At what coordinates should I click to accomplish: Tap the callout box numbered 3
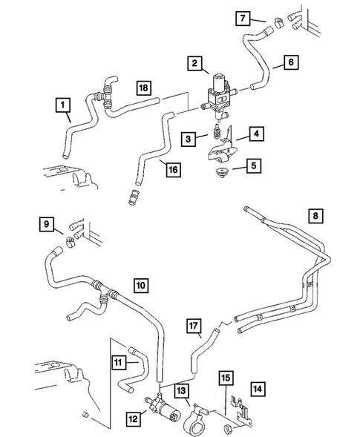tap(189, 139)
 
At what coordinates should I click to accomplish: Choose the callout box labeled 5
tap(254, 165)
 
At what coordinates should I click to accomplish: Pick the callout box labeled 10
tap(141, 283)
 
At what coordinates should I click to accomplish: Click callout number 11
tap(120, 361)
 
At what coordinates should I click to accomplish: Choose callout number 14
tap(257, 387)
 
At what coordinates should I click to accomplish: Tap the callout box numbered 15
tap(226, 378)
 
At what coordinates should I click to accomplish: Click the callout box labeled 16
tap(173, 170)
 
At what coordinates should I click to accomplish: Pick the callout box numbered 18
tap(144, 89)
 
